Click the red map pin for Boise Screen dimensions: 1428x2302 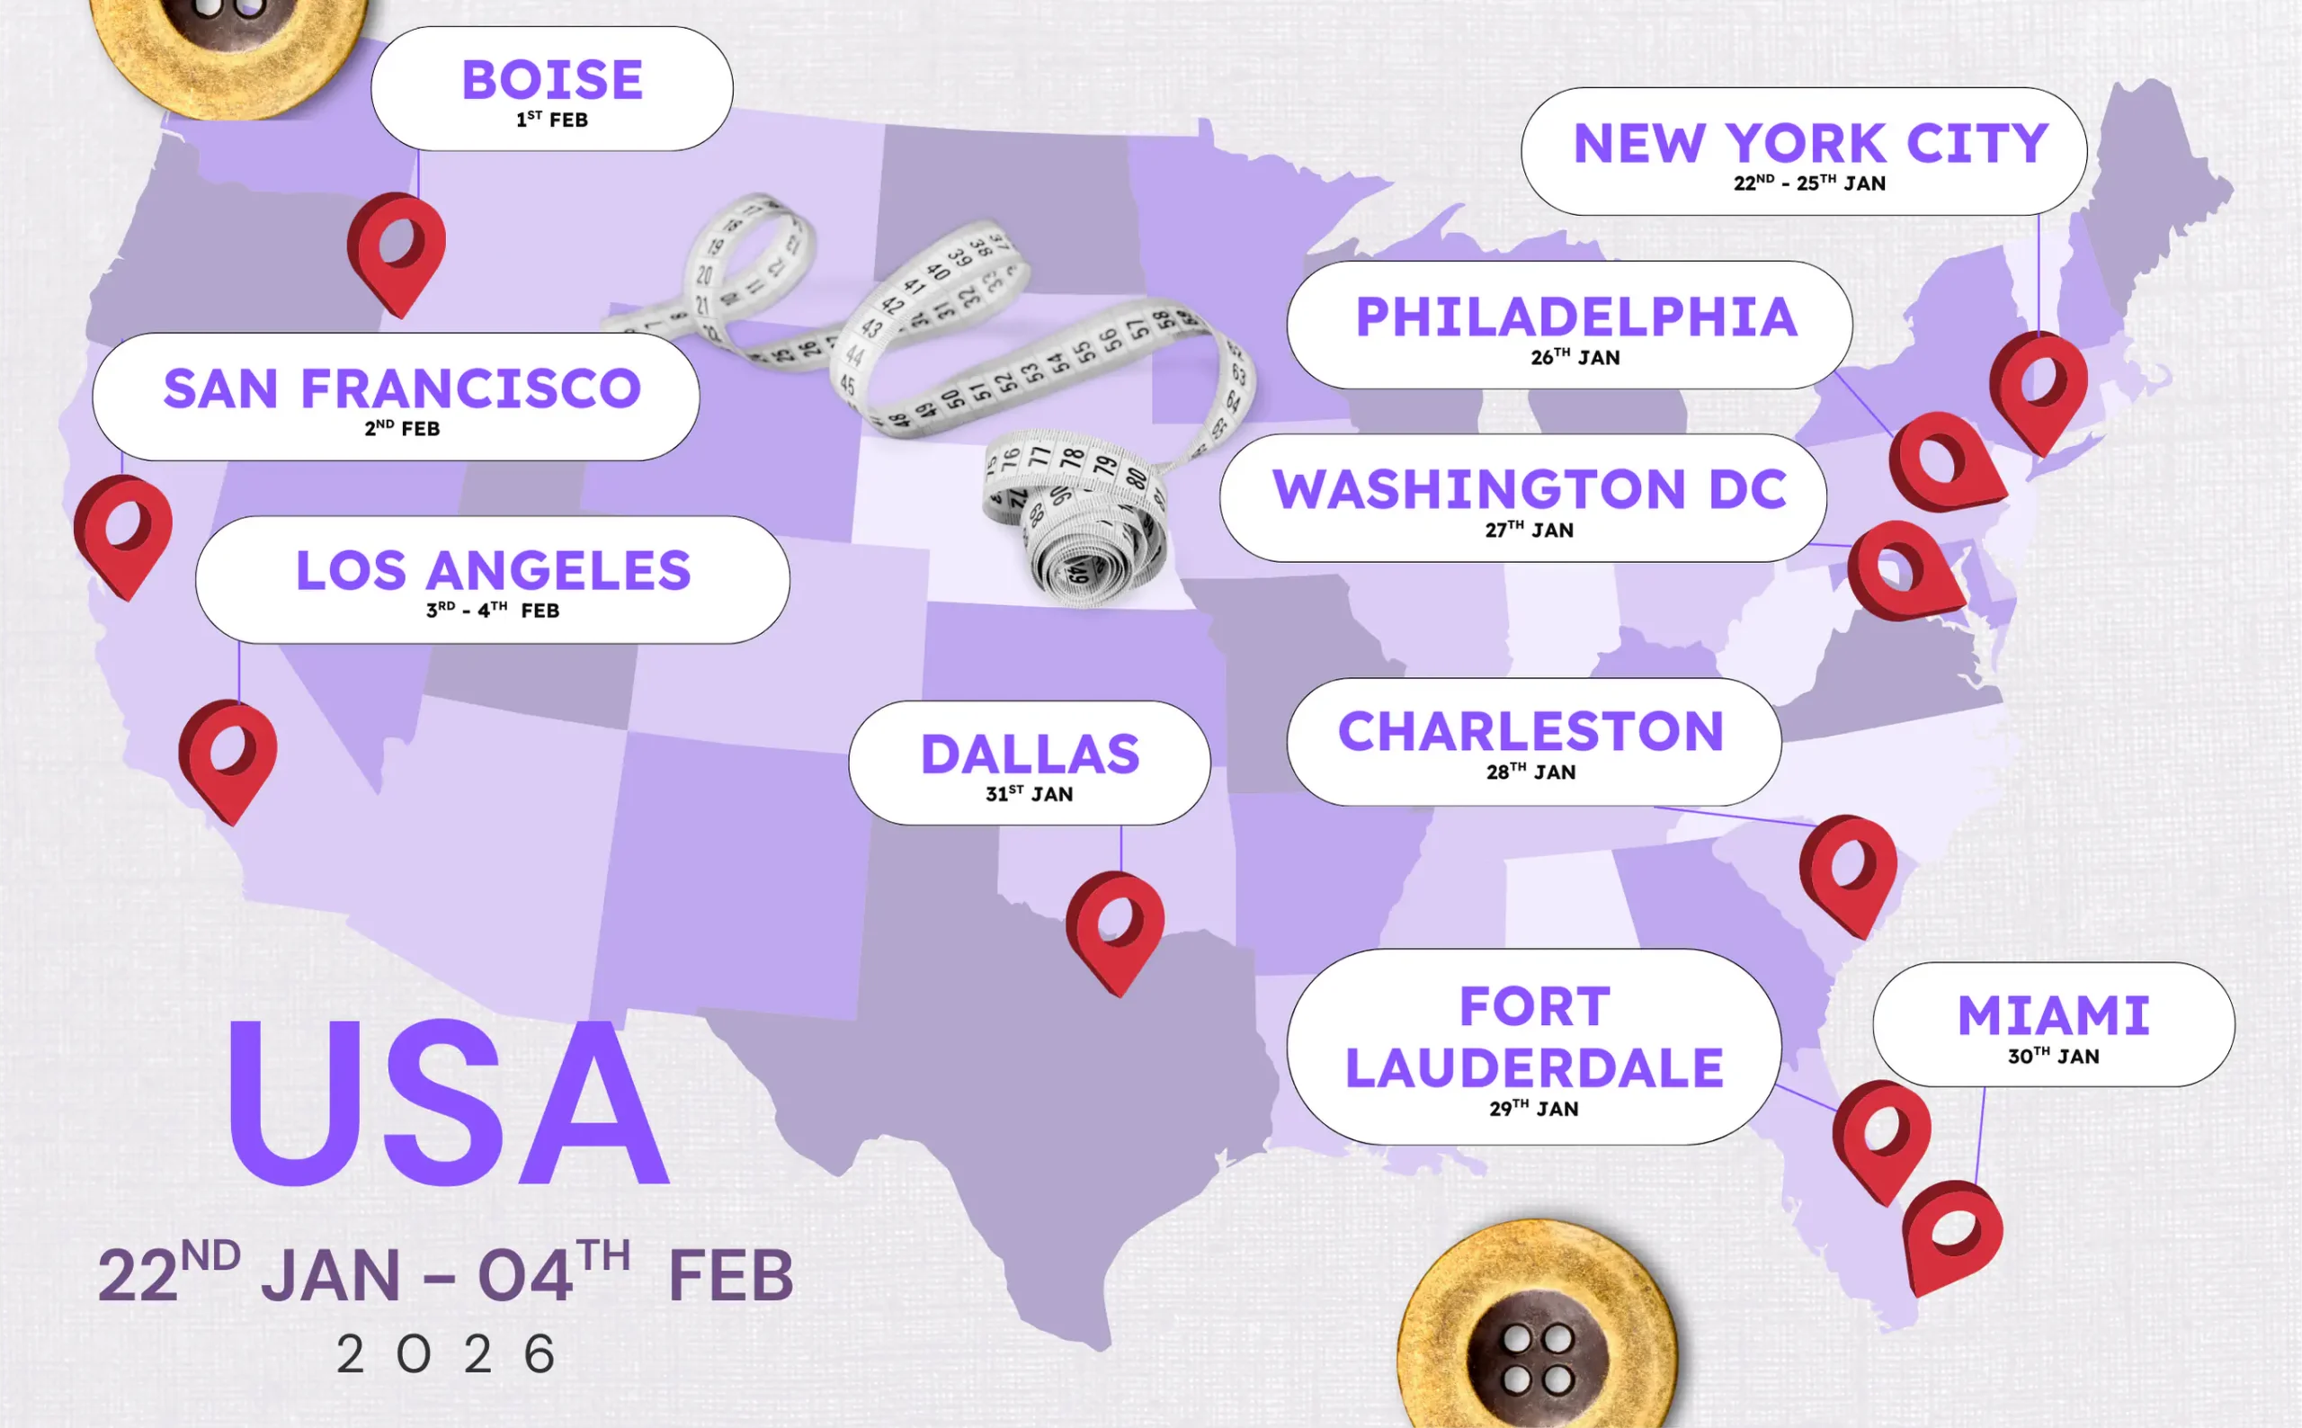click(x=397, y=247)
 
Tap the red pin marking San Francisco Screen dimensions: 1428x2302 click(x=124, y=531)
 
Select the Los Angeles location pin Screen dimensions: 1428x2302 click(x=228, y=755)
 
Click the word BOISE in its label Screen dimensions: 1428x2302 click(x=552, y=79)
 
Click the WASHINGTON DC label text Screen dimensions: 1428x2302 click(x=1530, y=489)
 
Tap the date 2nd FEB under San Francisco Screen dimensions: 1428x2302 click(x=402, y=429)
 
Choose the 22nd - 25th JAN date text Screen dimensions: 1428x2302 click(x=1809, y=183)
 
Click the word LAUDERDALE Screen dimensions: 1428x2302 click(x=1534, y=1068)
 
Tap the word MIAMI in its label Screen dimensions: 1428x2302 click(x=2054, y=1016)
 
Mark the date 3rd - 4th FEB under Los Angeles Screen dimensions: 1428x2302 click(x=493, y=610)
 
